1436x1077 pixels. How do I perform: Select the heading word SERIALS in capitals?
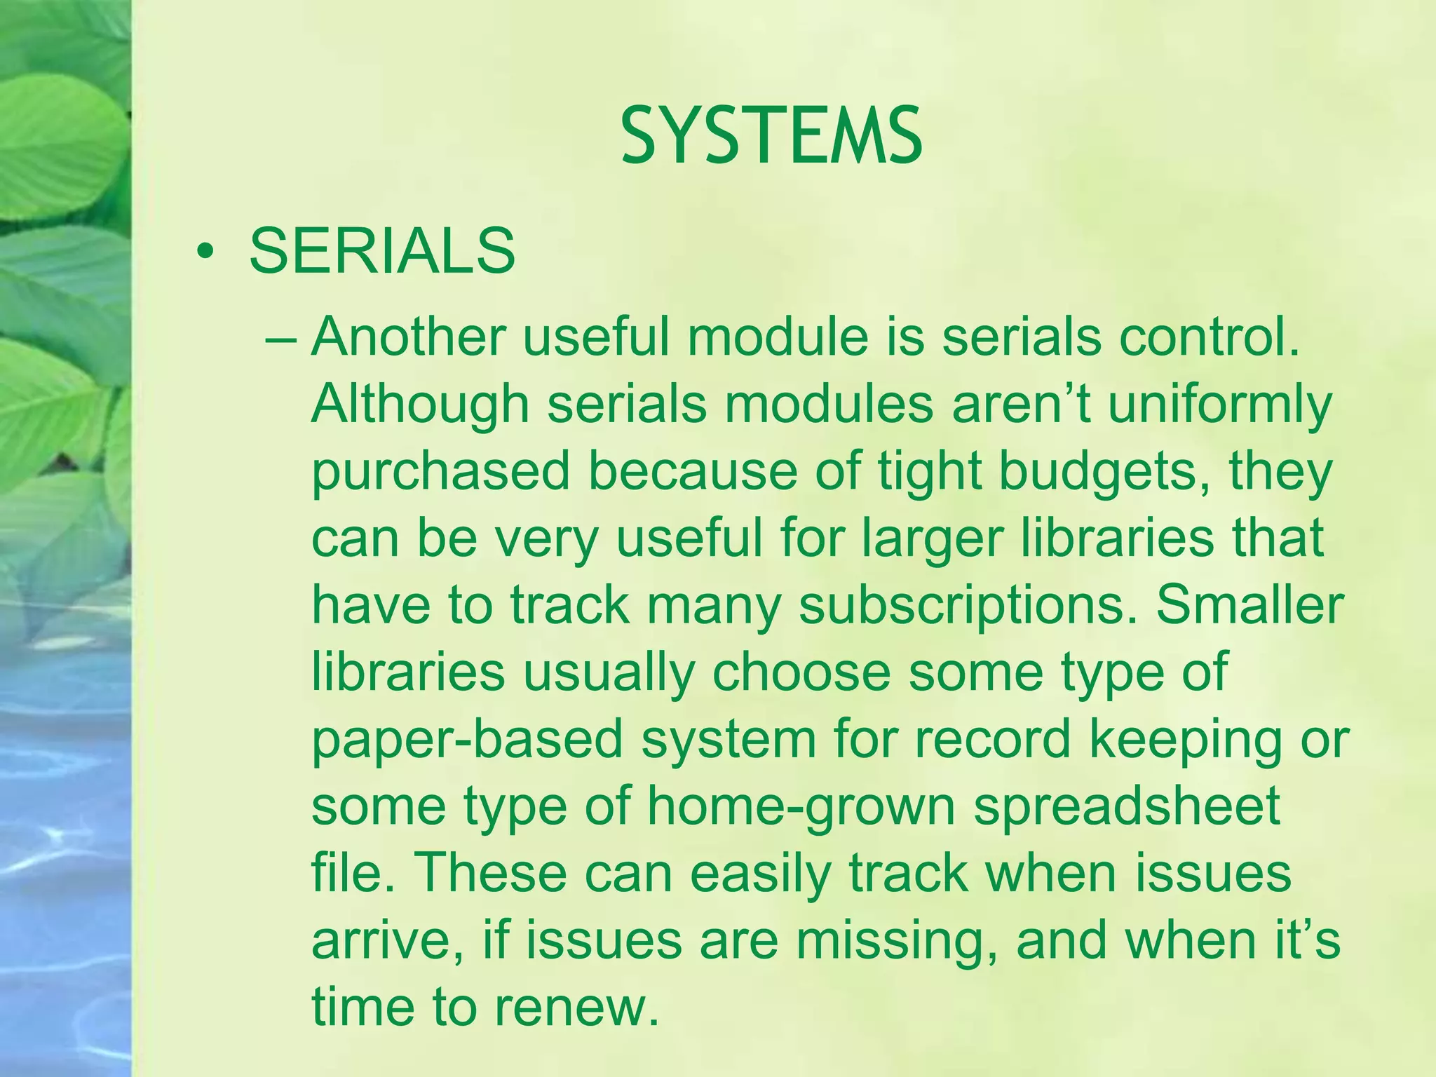click(x=382, y=251)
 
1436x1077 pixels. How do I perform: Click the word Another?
click(x=408, y=337)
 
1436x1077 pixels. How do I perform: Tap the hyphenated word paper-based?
click(x=467, y=740)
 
